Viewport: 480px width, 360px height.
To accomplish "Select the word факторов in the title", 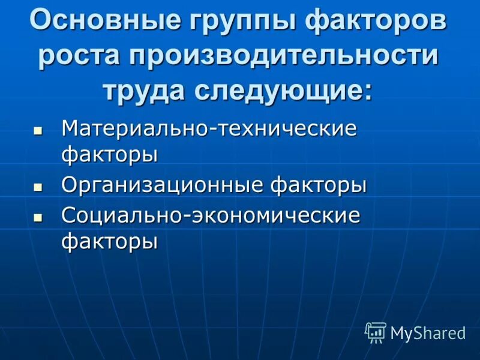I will click(x=376, y=21).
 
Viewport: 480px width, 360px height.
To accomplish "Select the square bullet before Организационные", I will click(x=38, y=187).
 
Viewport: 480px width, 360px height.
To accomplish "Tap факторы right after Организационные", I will click(x=318, y=185).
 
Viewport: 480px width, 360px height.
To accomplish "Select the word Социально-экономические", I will click(x=211, y=215).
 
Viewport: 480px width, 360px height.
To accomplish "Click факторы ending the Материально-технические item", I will click(x=110, y=155).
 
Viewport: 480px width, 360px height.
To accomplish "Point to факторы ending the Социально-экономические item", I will click(x=110, y=242).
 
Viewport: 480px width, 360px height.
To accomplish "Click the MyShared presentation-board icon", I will click(x=376, y=332).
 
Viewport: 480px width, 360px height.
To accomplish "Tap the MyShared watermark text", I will click(x=428, y=333).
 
